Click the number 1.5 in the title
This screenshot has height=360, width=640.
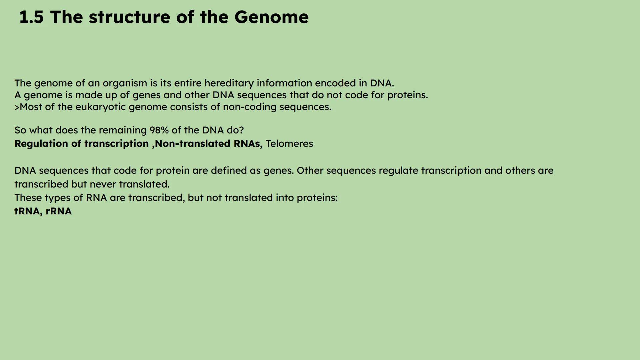[x=31, y=17]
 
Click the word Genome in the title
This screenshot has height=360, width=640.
[x=271, y=17]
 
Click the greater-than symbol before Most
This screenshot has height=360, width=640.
[x=17, y=107]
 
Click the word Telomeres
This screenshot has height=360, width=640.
[x=289, y=144]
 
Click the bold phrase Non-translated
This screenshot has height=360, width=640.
[x=192, y=144]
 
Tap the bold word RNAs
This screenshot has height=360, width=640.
[x=248, y=144]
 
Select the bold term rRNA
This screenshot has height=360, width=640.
[x=58, y=211]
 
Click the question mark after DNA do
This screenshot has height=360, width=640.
[x=242, y=130]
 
